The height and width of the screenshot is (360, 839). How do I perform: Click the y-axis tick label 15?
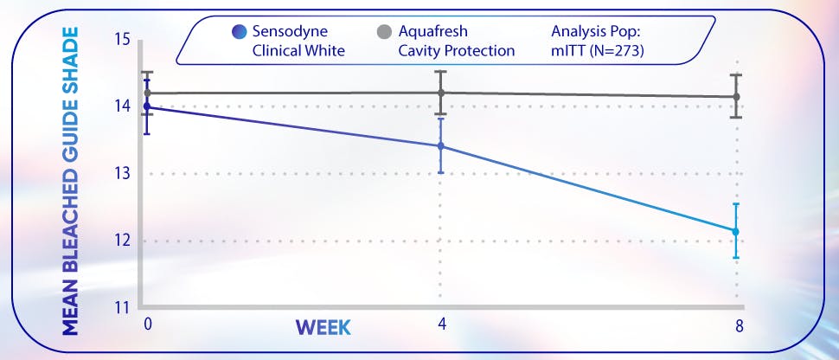pyautogui.click(x=121, y=40)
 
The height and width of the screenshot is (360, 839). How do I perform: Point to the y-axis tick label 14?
pyautogui.click(x=121, y=106)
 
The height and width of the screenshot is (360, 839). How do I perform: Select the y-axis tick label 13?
pyautogui.click(x=121, y=173)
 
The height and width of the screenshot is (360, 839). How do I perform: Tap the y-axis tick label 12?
pyautogui.click(x=121, y=241)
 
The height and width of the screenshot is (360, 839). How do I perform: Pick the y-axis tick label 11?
pyautogui.click(x=121, y=307)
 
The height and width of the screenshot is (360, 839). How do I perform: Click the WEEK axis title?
pyautogui.click(x=323, y=327)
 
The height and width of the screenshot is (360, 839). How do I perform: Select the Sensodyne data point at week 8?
pyautogui.click(x=736, y=231)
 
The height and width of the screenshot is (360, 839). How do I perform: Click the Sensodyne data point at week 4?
pyautogui.click(x=441, y=145)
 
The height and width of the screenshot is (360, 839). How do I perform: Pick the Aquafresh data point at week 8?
pyautogui.click(x=736, y=97)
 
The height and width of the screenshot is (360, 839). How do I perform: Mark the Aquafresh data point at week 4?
pyautogui.click(x=441, y=93)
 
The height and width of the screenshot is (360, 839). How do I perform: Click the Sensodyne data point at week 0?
pyautogui.click(x=146, y=106)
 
